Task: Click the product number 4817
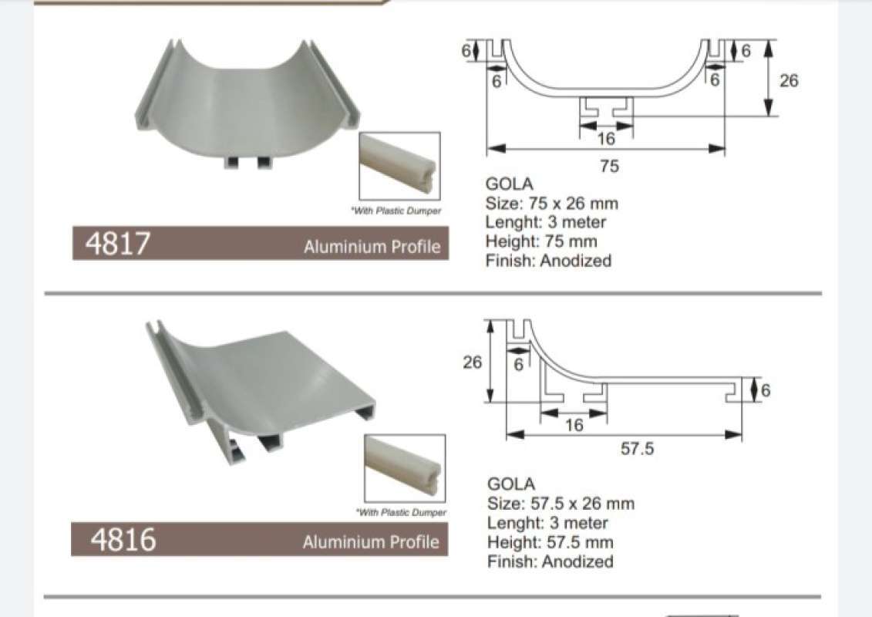(116, 244)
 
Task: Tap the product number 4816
(123, 540)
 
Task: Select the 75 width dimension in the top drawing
(609, 166)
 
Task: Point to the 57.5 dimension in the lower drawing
(637, 448)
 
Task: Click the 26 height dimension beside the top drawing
(789, 80)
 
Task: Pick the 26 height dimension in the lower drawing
(472, 362)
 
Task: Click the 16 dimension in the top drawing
(606, 139)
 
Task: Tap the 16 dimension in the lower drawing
(574, 425)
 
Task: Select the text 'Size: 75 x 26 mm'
(551, 204)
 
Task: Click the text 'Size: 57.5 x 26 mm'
(561, 504)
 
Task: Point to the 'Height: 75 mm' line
(541, 241)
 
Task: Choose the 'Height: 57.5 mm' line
(550, 542)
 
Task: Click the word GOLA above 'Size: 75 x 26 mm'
(509, 184)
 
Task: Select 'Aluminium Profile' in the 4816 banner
(371, 542)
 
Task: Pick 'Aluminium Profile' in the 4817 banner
(372, 247)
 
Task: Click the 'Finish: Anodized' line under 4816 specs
(550, 561)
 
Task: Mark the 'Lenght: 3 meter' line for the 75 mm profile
(546, 222)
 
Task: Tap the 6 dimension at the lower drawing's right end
(765, 391)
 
